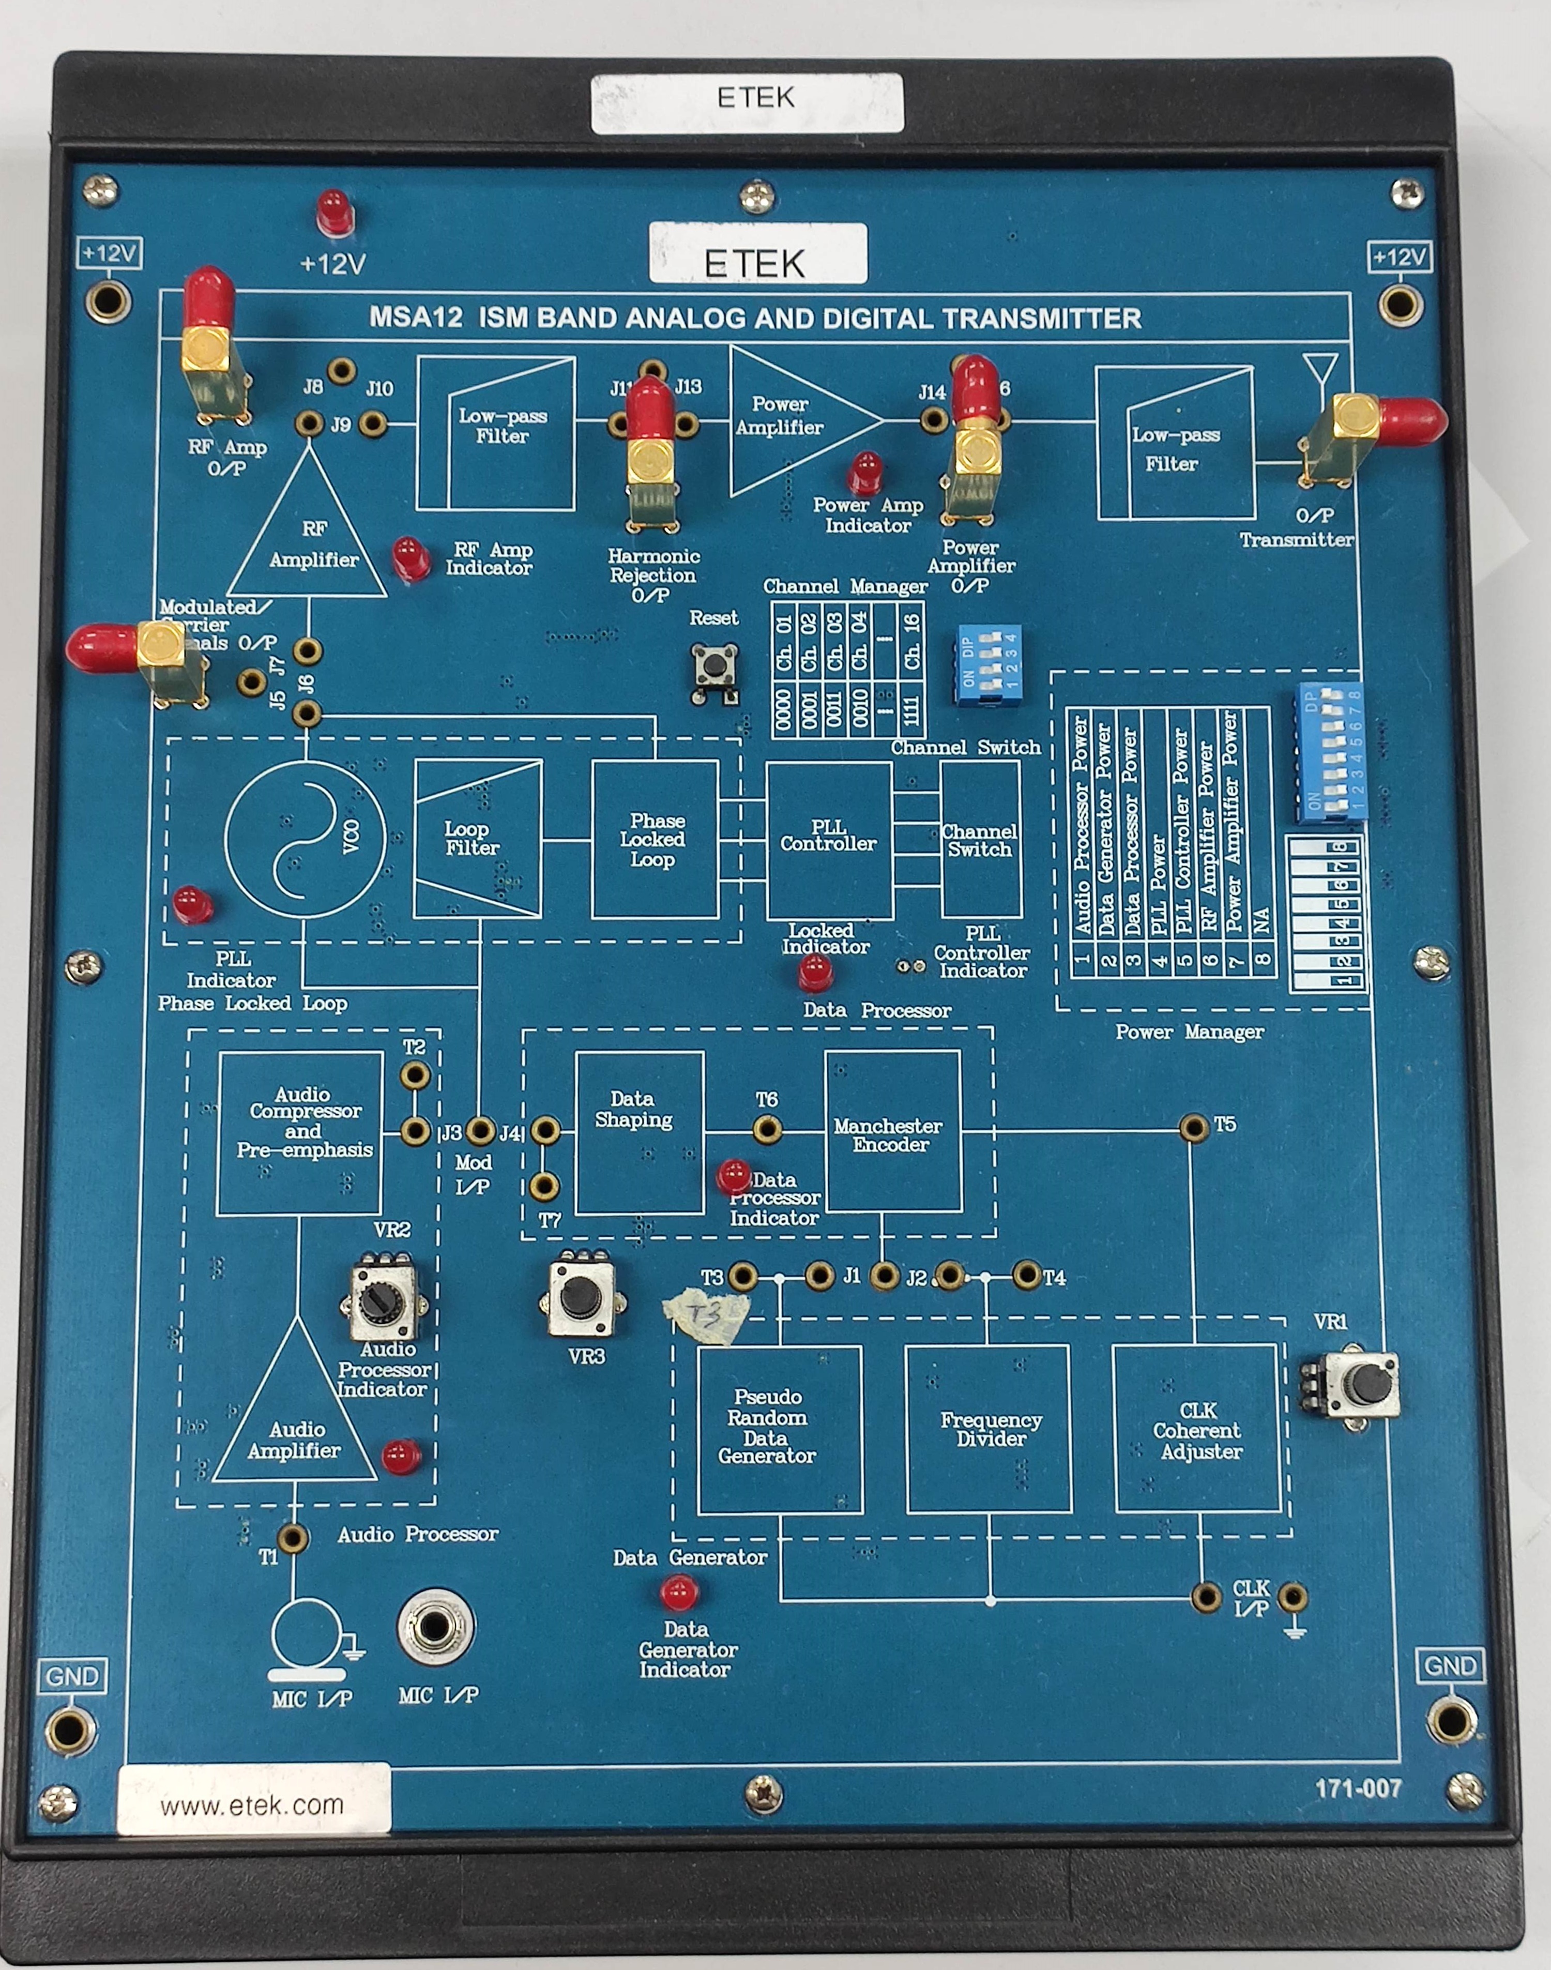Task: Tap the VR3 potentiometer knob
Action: click(580, 1297)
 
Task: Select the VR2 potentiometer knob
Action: click(377, 1304)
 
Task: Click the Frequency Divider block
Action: click(989, 1429)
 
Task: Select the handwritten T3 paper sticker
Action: click(707, 1314)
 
